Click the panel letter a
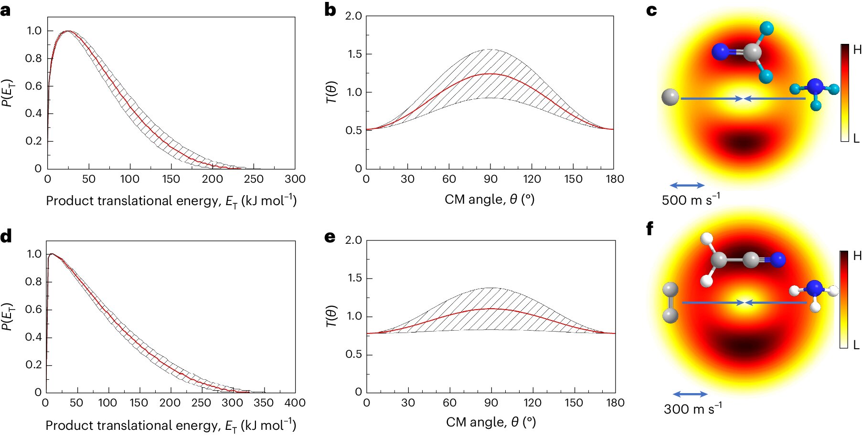coord(6,10)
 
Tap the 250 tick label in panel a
coord(254,179)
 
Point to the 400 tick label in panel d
coord(295,403)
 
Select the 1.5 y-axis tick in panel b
coord(354,54)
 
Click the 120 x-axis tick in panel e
coord(532,403)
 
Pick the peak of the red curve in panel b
coord(490,74)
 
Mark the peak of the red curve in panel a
coord(68,31)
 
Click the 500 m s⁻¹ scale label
coord(691,199)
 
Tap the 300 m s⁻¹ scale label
coord(692,408)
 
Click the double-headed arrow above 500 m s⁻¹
coord(687,185)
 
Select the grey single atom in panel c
coord(670,97)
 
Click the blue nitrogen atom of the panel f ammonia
coord(814,289)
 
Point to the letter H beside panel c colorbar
coord(857,50)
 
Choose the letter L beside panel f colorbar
coord(856,344)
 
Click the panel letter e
coord(330,237)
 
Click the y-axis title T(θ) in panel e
coord(331,316)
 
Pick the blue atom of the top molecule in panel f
coord(777,260)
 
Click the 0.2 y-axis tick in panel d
coord(33,364)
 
